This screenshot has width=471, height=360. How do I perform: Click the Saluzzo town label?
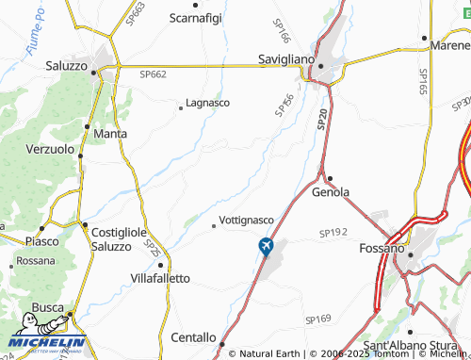(66, 66)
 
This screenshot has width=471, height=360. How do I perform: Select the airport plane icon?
(266, 246)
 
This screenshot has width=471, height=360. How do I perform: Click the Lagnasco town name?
(207, 102)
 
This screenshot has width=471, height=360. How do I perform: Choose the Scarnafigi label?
(196, 17)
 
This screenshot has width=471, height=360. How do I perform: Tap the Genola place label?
(331, 191)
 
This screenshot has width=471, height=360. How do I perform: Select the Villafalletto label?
(160, 278)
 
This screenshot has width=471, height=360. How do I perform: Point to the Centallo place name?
(194, 336)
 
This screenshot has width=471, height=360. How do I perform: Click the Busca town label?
(47, 307)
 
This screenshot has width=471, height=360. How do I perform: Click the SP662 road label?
(153, 74)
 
